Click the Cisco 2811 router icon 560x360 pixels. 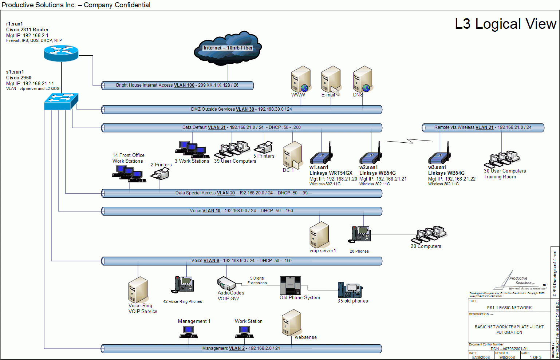coord(61,53)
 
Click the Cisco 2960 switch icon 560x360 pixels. coord(61,101)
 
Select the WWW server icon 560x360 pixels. coord(300,79)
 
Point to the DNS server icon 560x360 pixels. coord(362,79)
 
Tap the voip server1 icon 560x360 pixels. coord(319,235)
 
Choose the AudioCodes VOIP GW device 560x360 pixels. coord(226,284)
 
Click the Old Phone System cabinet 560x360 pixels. coord(290,285)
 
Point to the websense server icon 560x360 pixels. coord(291,322)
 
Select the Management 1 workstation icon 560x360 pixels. coord(189,332)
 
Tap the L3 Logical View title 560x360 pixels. coord(505,24)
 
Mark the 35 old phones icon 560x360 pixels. coord(350,290)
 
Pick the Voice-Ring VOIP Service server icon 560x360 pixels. coord(138,290)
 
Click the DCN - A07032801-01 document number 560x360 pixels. coord(509,349)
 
